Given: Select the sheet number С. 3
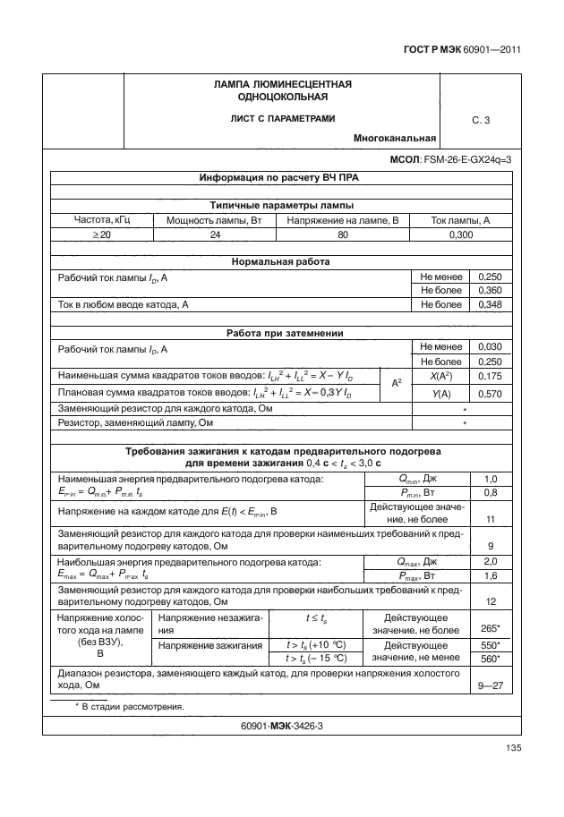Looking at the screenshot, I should [481, 120].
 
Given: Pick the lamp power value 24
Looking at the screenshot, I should [215, 234].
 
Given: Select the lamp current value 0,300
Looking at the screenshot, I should [461, 234].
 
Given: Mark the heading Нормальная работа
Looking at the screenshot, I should [281, 262].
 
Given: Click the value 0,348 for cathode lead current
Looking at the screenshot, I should [491, 305].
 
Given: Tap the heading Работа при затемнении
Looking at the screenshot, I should [281, 333].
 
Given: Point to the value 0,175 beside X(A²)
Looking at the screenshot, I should [491, 376].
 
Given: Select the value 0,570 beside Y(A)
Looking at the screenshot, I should [491, 393].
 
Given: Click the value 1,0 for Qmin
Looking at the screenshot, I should [491, 479].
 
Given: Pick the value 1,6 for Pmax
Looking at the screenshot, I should [491, 575].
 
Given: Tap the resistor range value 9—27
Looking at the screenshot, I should [491, 685].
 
